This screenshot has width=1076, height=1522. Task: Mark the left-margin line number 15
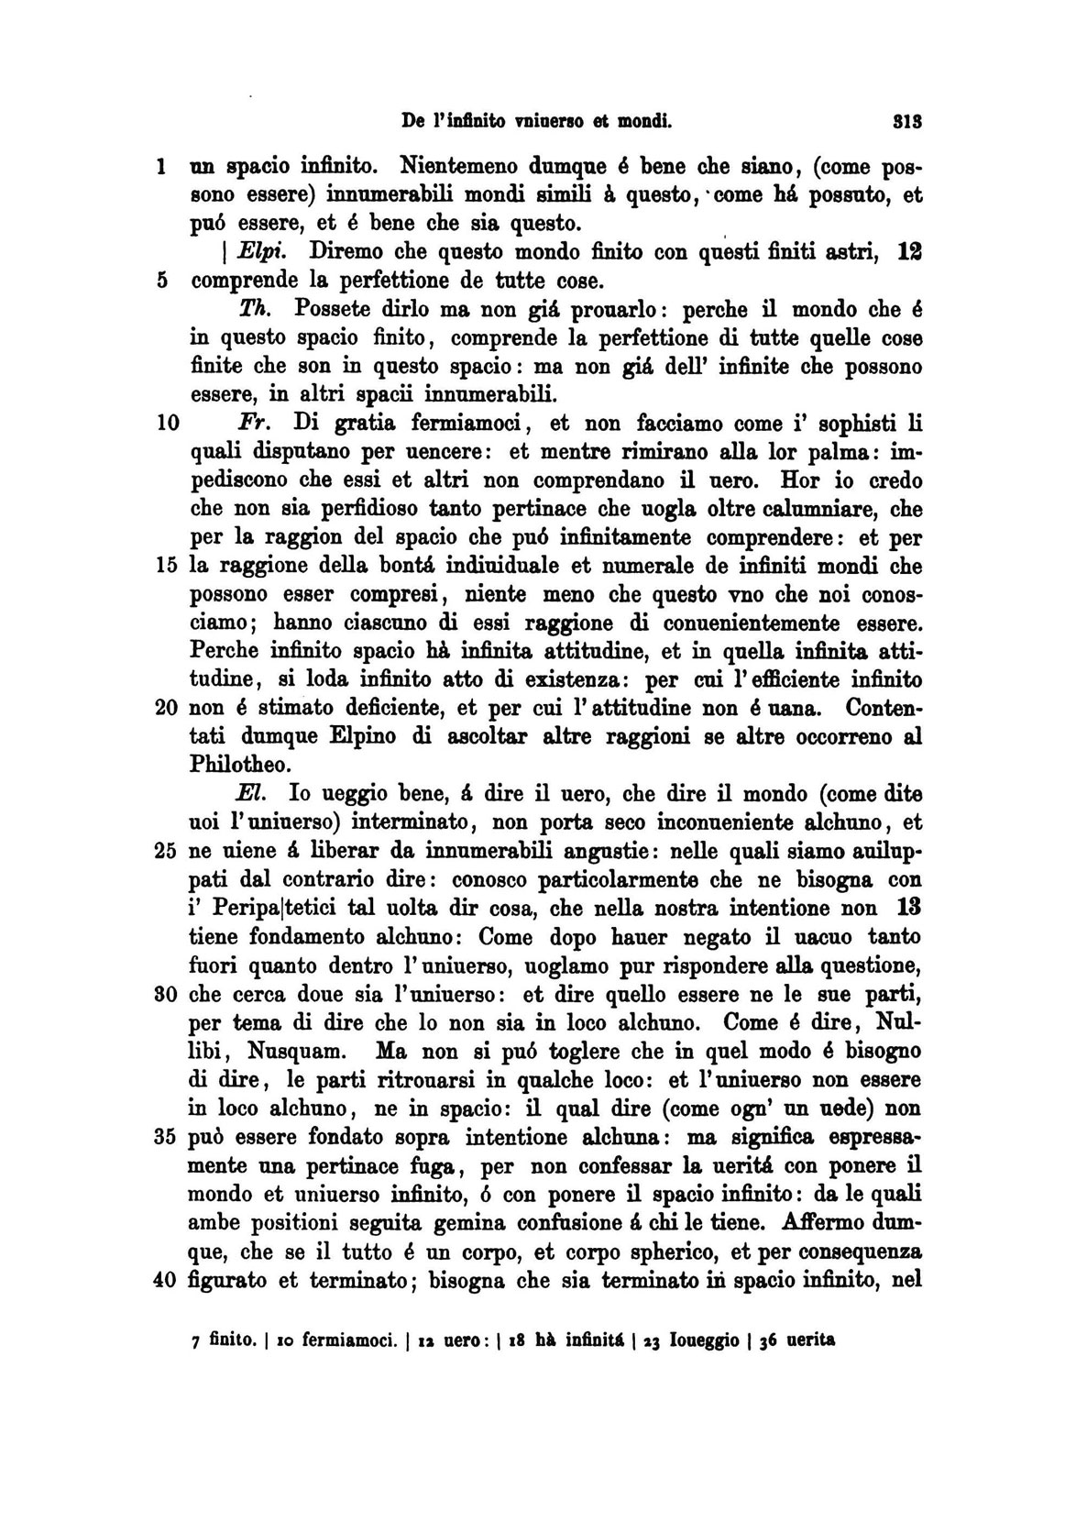(165, 566)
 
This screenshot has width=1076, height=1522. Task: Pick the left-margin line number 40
(165, 1281)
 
